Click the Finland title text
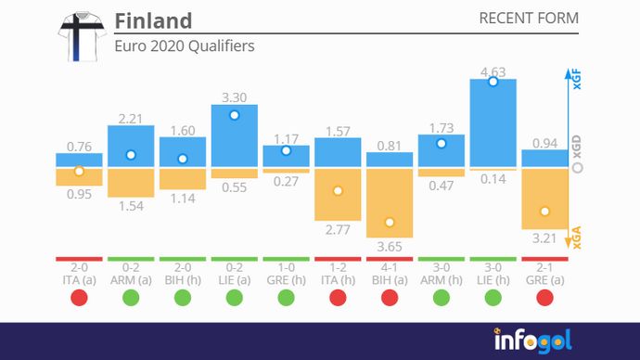tap(153, 21)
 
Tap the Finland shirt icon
tap(81, 36)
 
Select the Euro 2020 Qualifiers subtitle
tap(184, 45)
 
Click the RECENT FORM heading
tap(528, 19)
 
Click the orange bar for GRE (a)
tap(544, 199)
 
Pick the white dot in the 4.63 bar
tap(493, 82)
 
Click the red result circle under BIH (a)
tap(390, 298)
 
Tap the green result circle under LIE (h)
tap(493, 298)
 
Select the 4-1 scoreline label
tap(390, 267)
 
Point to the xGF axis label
tap(576, 80)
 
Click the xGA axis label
tap(576, 240)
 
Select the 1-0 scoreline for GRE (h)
tap(286, 267)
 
